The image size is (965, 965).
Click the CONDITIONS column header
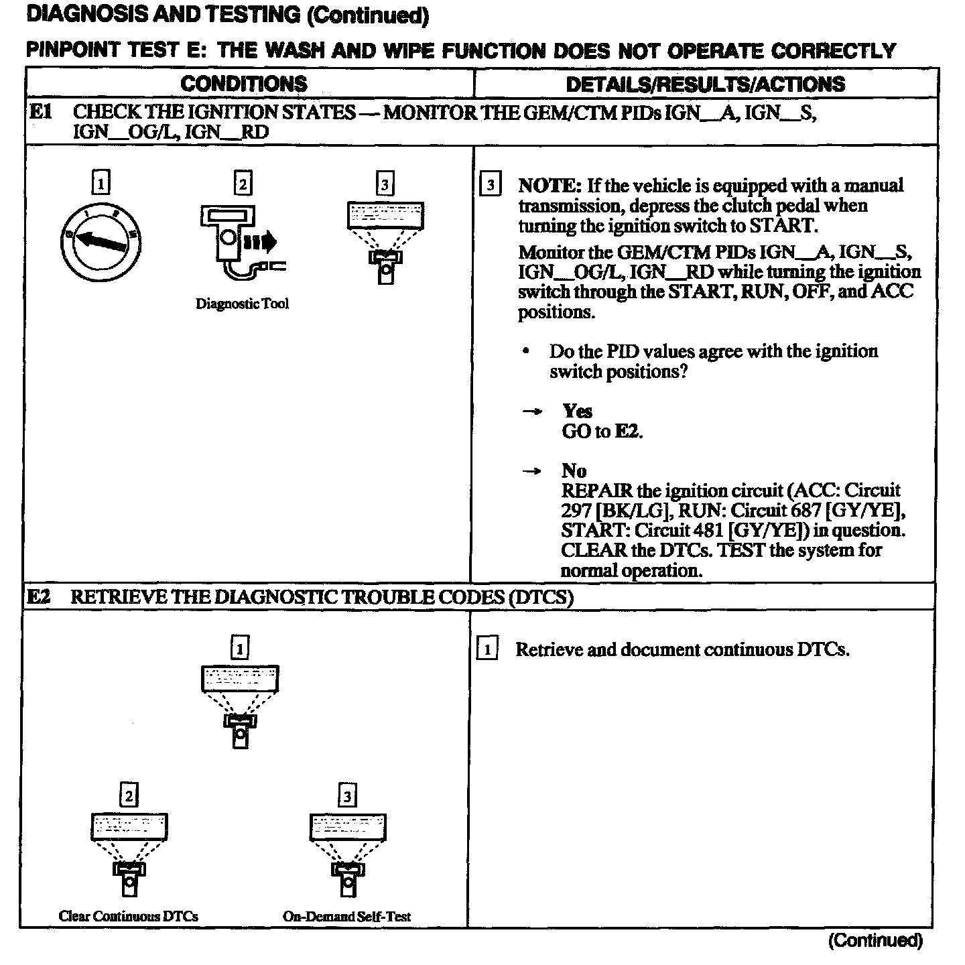point(244,84)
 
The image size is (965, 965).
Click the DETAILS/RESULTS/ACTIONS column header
point(705,84)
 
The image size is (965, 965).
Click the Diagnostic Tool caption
point(242,304)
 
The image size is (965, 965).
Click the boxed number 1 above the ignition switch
point(100,183)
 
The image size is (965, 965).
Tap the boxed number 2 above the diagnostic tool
point(243,183)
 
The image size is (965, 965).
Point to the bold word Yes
point(577,411)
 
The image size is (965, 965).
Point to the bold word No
point(574,470)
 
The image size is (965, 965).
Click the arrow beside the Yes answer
point(531,411)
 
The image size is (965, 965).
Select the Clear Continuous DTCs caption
point(129,916)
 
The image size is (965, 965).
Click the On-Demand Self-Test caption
point(346,916)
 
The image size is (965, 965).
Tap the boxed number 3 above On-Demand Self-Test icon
point(347,795)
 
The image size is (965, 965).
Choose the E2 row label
point(39,596)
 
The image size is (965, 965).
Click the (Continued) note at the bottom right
point(875,940)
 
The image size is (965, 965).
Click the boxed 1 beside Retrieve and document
point(487,649)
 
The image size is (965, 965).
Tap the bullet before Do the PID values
point(527,351)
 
